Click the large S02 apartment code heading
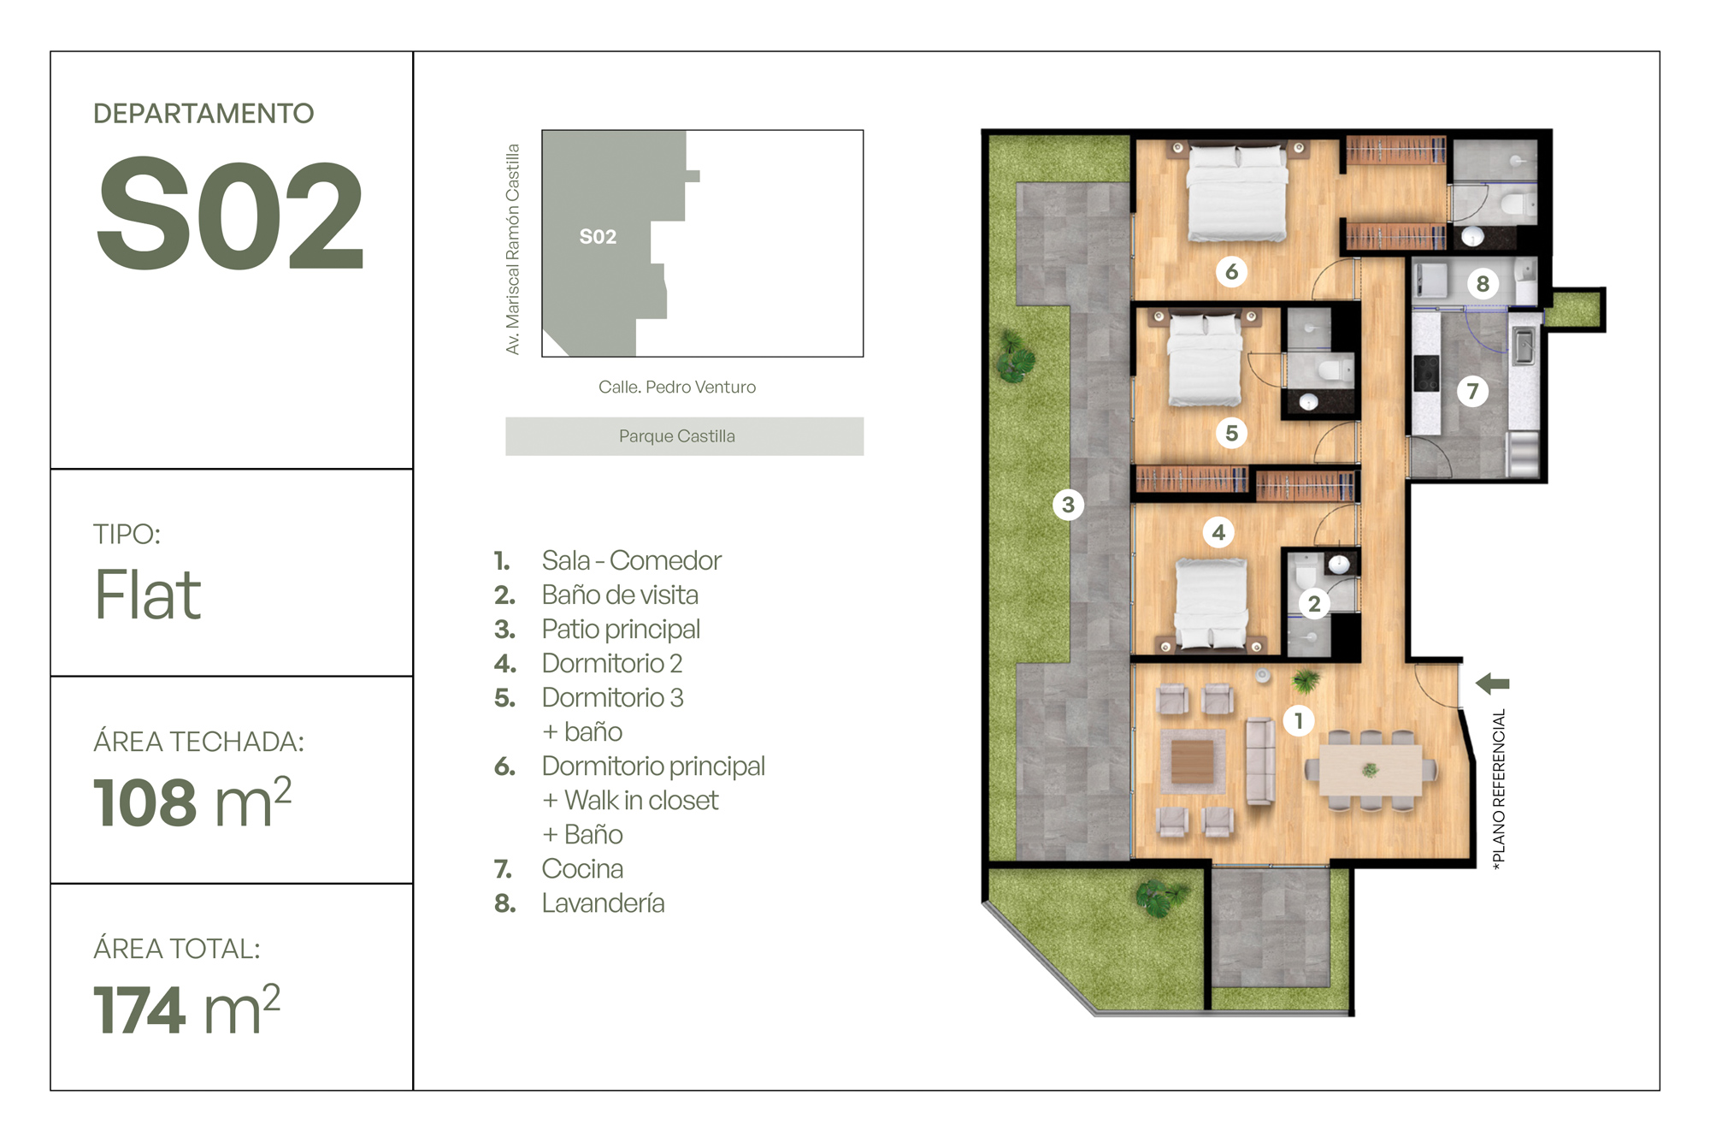click(x=231, y=214)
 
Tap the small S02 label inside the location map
click(x=598, y=237)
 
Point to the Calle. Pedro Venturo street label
click(x=677, y=387)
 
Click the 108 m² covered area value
click(x=192, y=802)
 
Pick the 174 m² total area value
click(x=187, y=1009)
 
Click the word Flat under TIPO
click(x=148, y=595)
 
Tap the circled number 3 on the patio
click(x=1068, y=505)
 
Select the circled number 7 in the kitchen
click(x=1472, y=392)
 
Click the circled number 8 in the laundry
click(x=1483, y=283)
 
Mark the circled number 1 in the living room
click(x=1299, y=721)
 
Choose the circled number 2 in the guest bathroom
click(x=1314, y=604)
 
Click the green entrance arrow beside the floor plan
click(x=1493, y=683)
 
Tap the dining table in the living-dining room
click(x=1371, y=771)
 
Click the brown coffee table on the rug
click(x=1192, y=761)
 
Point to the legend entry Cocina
click(x=582, y=869)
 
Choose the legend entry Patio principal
click(x=621, y=630)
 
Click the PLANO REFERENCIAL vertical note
click(x=1499, y=790)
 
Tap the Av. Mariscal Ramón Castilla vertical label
click(x=512, y=249)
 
